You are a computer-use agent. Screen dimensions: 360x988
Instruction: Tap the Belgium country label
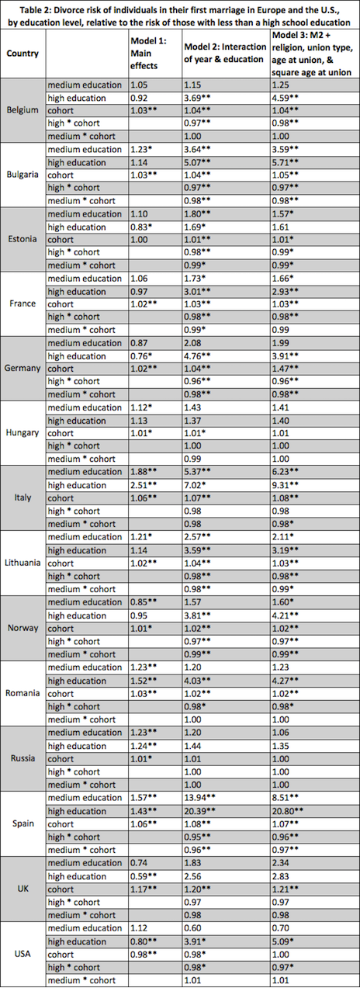click(22, 110)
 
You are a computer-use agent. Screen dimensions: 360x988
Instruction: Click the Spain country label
click(23, 823)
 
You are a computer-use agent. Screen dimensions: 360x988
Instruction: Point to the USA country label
click(23, 954)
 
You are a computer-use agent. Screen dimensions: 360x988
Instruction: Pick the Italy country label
click(23, 497)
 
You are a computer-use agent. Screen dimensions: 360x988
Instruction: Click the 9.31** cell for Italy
click(290, 484)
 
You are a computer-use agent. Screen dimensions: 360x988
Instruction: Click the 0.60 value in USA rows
click(194, 927)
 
